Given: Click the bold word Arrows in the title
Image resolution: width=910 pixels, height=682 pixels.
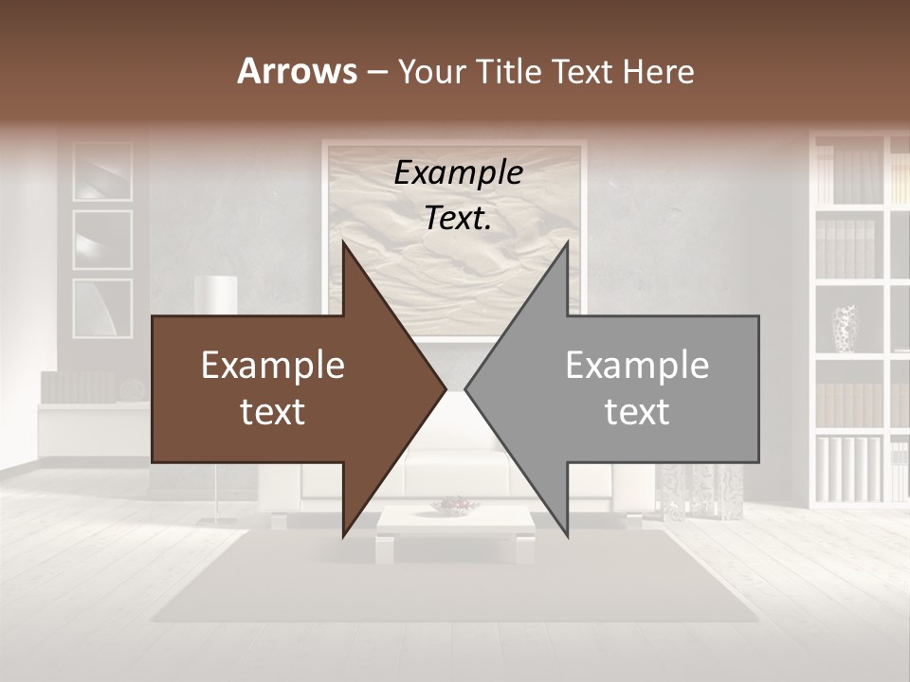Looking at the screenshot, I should (x=297, y=71).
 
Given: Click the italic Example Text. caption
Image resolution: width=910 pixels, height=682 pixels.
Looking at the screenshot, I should (x=459, y=195).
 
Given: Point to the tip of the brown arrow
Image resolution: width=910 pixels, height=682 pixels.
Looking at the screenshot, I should (x=444, y=388).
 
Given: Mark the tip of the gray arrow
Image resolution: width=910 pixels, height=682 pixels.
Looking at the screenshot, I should (x=467, y=388).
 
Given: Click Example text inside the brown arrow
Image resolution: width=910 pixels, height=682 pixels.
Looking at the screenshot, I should (x=273, y=388).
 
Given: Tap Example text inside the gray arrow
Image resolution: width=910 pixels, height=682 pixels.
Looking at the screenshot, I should (x=637, y=388).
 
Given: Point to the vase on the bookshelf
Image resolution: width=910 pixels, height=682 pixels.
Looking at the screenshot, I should (x=844, y=329).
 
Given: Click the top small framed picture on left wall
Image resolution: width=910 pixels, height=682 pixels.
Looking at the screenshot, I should (x=102, y=171).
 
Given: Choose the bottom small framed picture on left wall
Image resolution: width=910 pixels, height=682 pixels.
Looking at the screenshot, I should (x=102, y=308).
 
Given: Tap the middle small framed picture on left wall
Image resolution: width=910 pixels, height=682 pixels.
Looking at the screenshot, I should (x=102, y=240).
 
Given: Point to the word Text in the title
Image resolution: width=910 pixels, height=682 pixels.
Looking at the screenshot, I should (x=585, y=72).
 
